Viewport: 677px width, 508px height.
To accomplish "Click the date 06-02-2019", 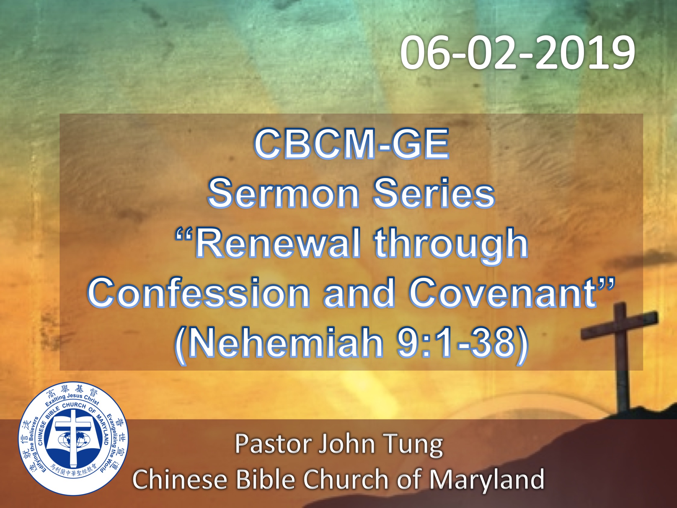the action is click(x=517, y=52).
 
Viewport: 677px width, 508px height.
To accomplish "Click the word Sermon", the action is click(x=283, y=193).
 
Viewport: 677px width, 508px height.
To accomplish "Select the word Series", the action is click(x=434, y=193).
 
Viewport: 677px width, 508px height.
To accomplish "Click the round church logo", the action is click(x=73, y=438).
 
